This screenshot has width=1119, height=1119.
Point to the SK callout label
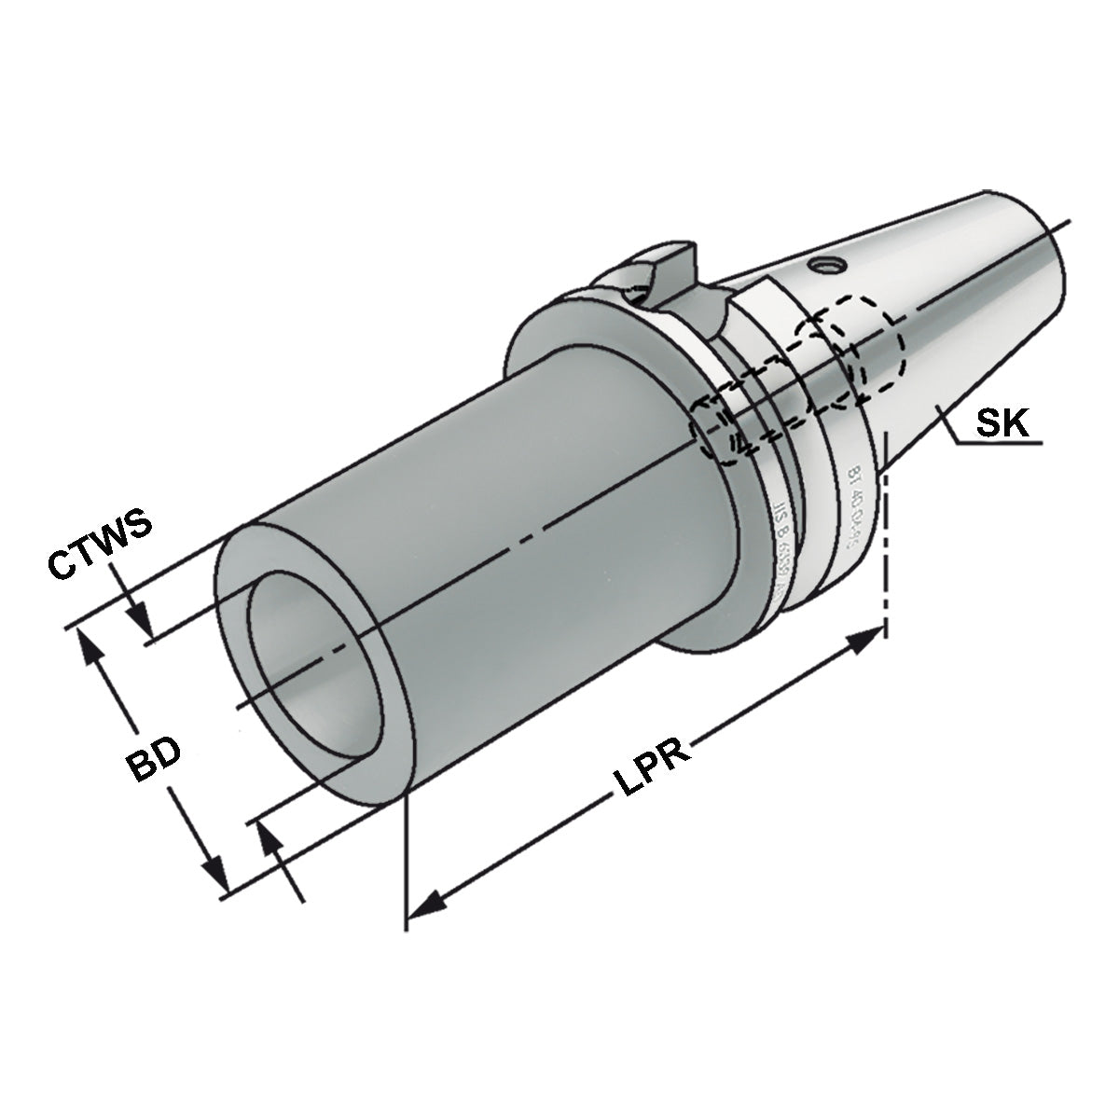click(x=1002, y=424)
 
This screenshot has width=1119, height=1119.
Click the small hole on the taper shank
click(x=822, y=267)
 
